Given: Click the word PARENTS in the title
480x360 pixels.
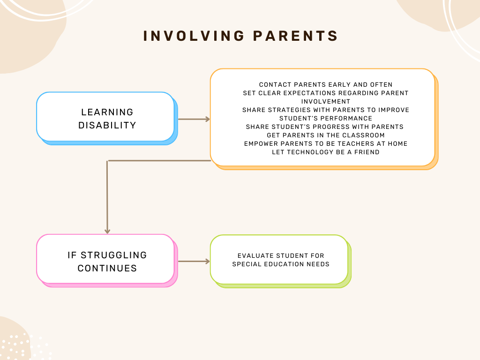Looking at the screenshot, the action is [x=295, y=36].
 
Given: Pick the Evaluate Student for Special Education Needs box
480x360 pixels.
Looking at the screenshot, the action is [x=279, y=260].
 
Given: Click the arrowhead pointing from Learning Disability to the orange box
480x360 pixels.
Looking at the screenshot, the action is [x=207, y=119].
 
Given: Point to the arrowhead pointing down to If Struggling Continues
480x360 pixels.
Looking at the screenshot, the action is [x=107, y=231].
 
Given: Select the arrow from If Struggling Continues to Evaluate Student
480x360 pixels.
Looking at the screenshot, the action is [x=194, y=262].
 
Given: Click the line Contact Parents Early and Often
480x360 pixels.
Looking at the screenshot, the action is [x=326, y=85].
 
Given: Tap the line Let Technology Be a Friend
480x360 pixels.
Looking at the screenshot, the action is [x=326, y=152].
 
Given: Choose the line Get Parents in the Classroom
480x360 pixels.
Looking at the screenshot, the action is [x=326, y=135].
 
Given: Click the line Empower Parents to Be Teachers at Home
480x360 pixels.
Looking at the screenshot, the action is [x=326, y=143].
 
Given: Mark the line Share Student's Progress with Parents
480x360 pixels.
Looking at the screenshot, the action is [x=324, y=127].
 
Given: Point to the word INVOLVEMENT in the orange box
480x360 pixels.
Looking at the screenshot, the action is [x=326, y=101].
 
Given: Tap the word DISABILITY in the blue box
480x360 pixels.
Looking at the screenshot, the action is [x=107, y=125].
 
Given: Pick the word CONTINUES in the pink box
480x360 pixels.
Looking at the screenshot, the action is [x=107, y=268].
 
